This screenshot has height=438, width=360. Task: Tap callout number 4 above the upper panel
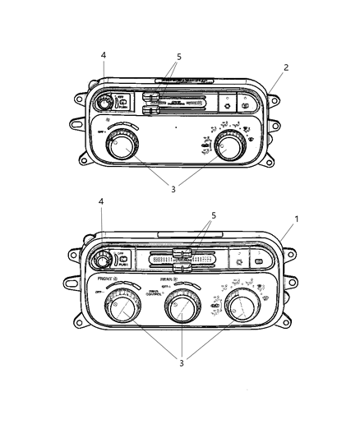(x=103, y=56)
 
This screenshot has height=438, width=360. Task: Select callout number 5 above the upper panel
(x=178, y=57)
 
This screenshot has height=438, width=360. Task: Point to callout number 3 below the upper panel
(x=173, y=190)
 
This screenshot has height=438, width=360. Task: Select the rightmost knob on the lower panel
(x=243, y=310)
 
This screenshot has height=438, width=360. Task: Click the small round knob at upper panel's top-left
(x=106, y=103)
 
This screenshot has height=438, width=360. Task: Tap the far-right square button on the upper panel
(x=245, y=104)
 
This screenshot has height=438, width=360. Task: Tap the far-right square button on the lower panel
(x=256, y=260)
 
